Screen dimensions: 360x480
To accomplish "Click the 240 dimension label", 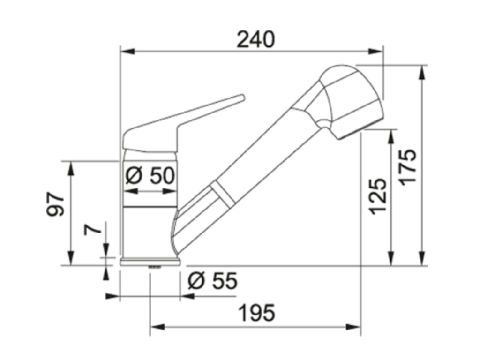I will click(255, 40).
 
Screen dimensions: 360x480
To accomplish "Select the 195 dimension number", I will click(256, 313).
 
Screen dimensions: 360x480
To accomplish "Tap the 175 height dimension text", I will click(408, 166).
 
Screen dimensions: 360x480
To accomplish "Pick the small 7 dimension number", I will click(92, 229).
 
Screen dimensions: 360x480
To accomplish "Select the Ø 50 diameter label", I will click(150, 176).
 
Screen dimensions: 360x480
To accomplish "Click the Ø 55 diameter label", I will click(212, 281).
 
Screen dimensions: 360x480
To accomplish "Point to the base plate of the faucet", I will click(150, 262).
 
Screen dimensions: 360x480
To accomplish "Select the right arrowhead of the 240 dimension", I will click(377, 51).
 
